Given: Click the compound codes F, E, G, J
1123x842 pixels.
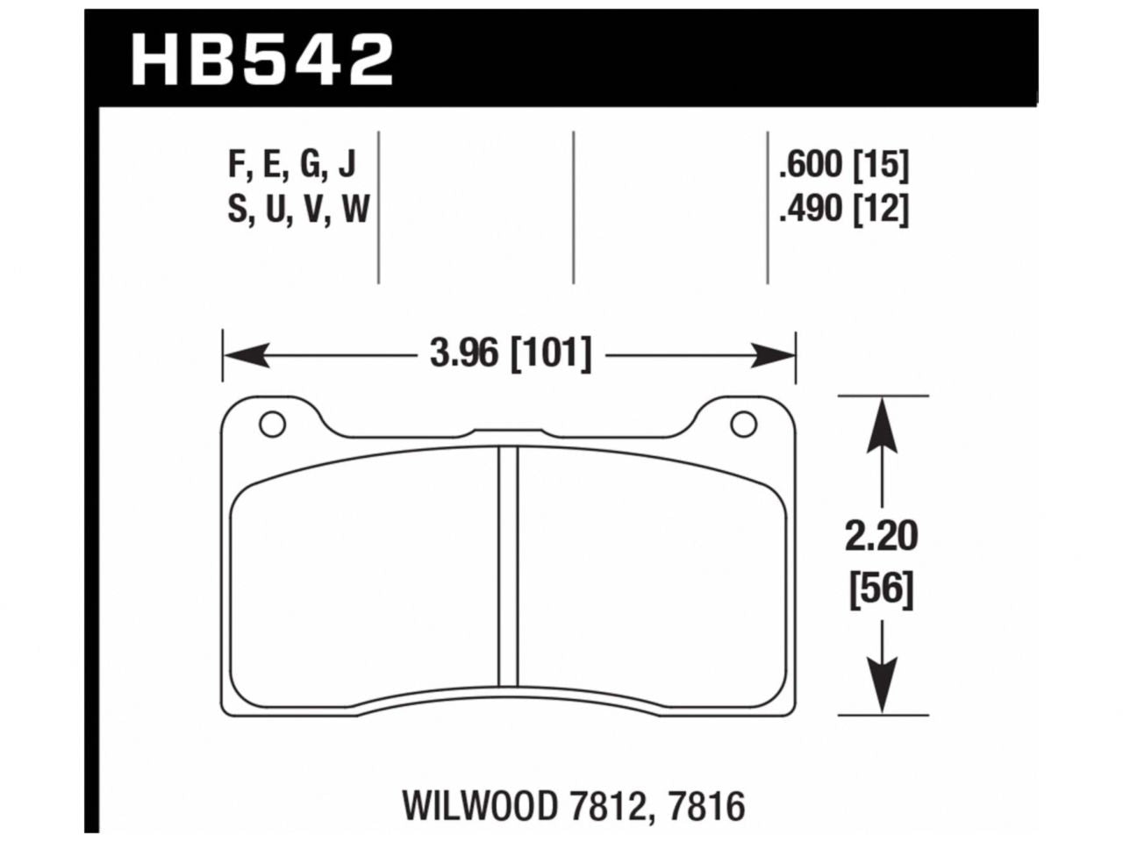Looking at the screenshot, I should (x=291, y=164).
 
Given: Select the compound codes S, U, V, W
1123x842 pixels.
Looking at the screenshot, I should (x=298, y=210).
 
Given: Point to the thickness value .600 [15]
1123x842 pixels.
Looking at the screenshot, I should (x=843, y=164).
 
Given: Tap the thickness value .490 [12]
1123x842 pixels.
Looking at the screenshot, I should (x=843, y=210).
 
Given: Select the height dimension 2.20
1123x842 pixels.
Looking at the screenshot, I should (x=881, y=537).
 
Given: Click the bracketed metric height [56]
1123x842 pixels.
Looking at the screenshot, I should (x=881, y=589).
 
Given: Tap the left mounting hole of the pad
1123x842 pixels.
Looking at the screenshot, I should (x=272, y=425).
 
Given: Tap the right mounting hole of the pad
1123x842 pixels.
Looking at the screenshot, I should (x=743, y=425).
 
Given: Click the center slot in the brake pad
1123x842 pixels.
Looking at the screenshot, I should (x=508, y=566).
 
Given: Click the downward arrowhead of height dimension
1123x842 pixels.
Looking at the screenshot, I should (x=882, y=689).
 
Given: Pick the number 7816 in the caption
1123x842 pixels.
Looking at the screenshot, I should (x=706, y=803).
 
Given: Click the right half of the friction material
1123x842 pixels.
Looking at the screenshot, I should (x=649, y=579).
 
